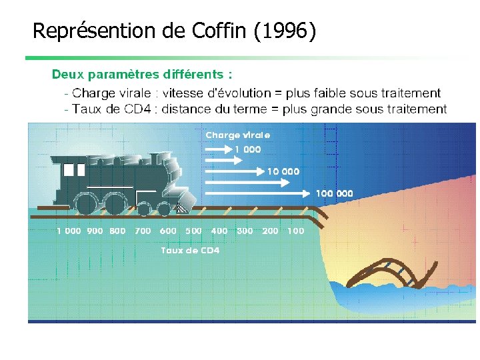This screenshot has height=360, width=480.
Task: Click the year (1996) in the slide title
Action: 285,31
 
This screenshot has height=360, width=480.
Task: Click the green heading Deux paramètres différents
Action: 142,73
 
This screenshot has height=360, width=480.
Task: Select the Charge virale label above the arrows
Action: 237,135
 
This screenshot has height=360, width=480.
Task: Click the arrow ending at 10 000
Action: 233,171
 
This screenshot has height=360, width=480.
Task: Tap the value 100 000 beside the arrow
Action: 334,193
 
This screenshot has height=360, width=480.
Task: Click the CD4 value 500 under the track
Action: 193,231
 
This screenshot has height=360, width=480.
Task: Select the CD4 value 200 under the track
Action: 270,231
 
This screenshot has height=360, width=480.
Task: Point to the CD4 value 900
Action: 95,231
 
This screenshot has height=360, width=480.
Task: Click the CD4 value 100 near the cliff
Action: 295,231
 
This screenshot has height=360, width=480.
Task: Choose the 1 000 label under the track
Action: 69,231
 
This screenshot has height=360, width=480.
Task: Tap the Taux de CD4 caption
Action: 190,251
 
